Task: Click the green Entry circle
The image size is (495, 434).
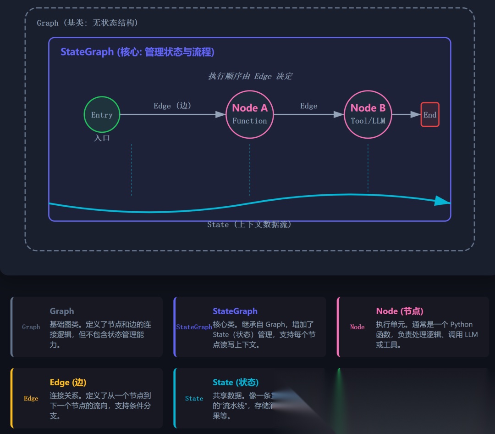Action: (x=102, y=115)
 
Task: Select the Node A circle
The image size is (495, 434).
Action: (x=249, y=114)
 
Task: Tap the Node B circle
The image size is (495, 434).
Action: (x=368, y=114)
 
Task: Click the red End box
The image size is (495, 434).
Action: (x=430, y=115)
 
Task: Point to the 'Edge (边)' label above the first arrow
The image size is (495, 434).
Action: (x=172, y=106)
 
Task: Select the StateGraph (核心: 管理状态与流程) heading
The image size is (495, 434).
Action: (x=137, y=52)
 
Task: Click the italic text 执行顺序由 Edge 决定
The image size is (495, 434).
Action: (x=250, y=76)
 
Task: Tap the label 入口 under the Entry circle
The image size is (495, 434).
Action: (x=102, y=138)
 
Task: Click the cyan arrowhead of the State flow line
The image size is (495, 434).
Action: (x=442, y=201)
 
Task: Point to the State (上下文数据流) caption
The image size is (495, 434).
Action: (x=249, y=225)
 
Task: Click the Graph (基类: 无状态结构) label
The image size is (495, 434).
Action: (x=87, y=23)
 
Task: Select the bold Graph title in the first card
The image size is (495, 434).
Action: (x=62, y=311)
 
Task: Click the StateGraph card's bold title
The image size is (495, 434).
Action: (x=235, y=311)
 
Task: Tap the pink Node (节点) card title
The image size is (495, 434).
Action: (x=400, y=311)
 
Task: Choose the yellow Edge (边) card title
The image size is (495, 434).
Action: (x=68, y=383)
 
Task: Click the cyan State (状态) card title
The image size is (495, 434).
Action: (x=236, y=383)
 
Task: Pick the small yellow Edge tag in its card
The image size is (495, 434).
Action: (x=31, y=399)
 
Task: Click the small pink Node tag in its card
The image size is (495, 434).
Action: (x=357, y=327)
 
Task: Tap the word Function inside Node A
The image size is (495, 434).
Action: (x=249, y=121)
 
